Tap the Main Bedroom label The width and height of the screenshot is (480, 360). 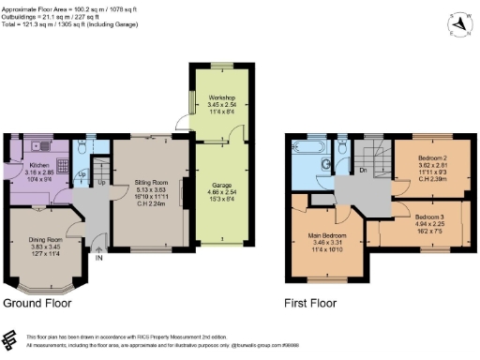point(328,235)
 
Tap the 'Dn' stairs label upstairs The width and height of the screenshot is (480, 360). point(362,172)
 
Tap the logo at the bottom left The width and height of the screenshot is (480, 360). point(11,338)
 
